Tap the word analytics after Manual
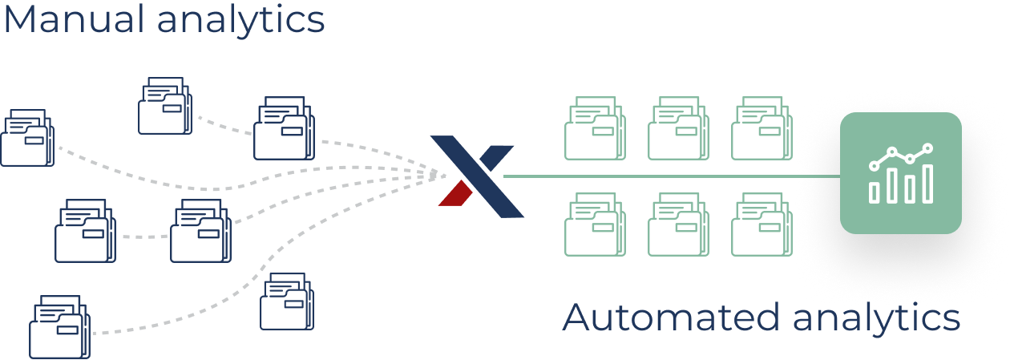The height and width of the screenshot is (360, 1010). point(240,19)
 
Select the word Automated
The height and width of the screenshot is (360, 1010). point(671,318)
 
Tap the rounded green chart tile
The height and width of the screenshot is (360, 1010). point(900,172)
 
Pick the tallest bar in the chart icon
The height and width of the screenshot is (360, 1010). point(927,184)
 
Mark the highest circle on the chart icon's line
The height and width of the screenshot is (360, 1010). point(928,148)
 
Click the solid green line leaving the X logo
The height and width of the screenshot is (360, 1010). point(665,176)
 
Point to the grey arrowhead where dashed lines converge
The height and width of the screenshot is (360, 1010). point(436,173)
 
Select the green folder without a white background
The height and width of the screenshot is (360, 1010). point(596,225)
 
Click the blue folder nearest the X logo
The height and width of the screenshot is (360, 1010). point(285,128)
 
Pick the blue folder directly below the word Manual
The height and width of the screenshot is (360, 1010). point(27,138)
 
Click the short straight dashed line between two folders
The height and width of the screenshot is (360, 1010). point(143,236)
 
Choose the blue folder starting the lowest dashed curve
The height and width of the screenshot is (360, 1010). point(60,327)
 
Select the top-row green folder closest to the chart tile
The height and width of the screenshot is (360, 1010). point(762,128)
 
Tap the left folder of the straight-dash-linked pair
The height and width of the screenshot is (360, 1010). point(86,231)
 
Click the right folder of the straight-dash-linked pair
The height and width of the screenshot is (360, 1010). point(201,231)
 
